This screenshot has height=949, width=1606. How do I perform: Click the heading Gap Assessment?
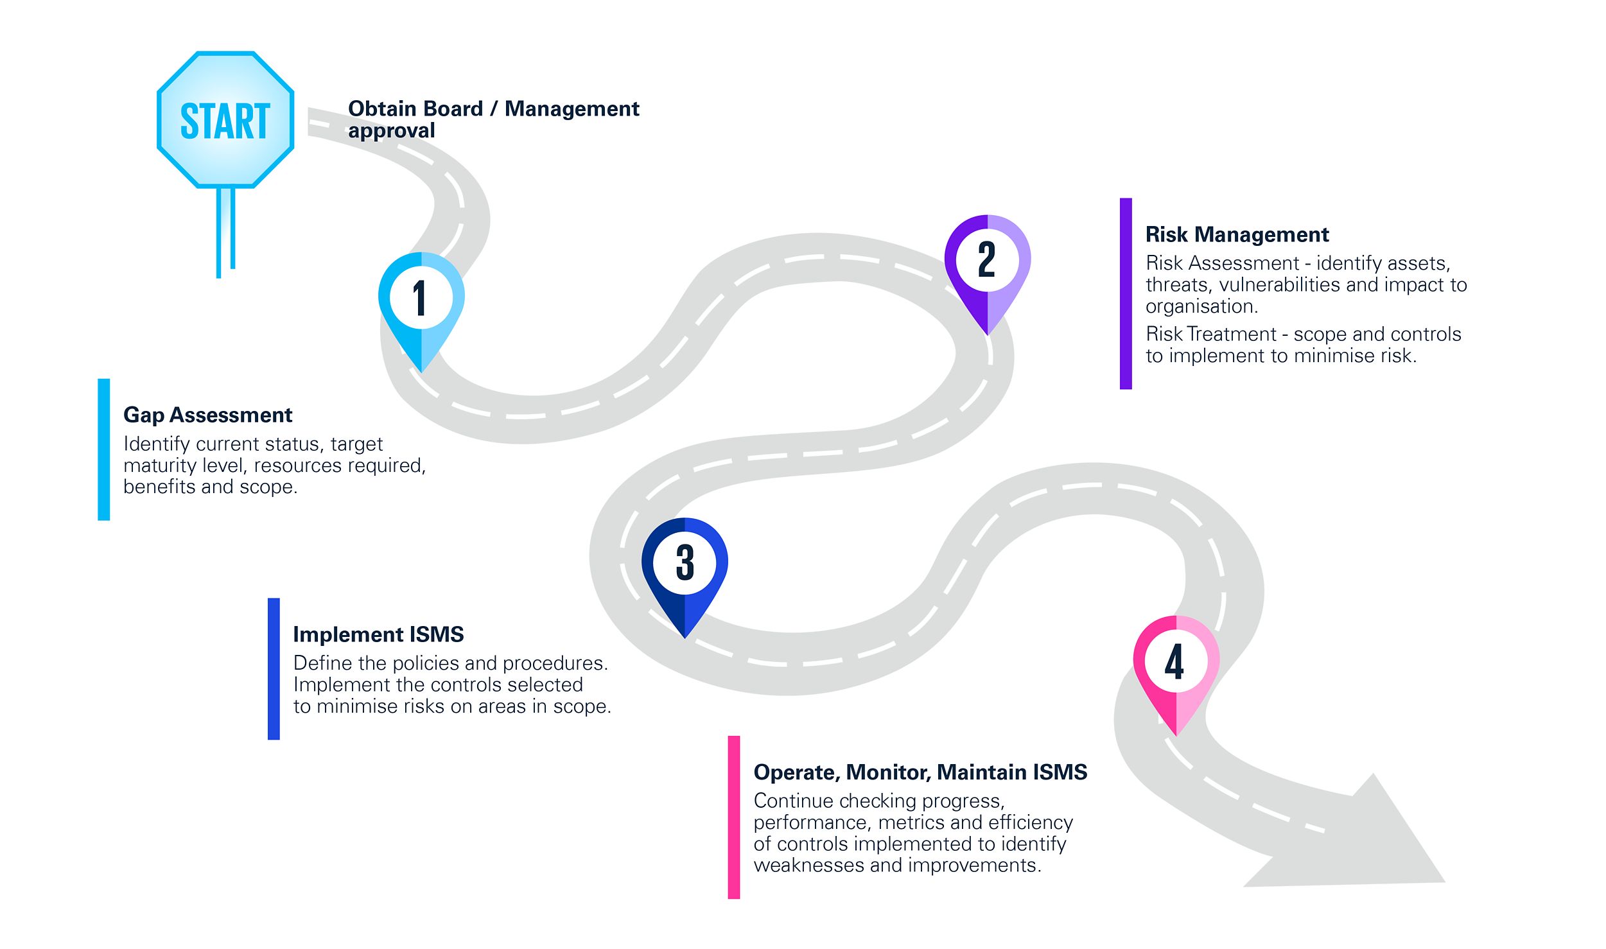tap(207, 415)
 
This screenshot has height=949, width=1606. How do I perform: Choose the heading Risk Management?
tap(1237, 234)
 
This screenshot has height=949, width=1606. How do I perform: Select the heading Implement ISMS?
tap(378, 634)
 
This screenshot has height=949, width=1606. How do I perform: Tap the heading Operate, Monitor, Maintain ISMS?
tap(920, 772)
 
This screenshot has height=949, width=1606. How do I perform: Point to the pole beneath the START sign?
tap(225, 231)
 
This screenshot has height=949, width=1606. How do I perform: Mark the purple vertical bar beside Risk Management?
tap(1126, 293)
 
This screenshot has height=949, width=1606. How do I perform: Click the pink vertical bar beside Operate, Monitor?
tap(734, 817)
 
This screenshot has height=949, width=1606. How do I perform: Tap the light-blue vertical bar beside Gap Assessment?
tap(104, 449)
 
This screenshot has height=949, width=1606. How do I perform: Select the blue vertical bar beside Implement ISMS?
tap(274, 669)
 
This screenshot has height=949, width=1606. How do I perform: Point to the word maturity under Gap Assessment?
tap(159, 466)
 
